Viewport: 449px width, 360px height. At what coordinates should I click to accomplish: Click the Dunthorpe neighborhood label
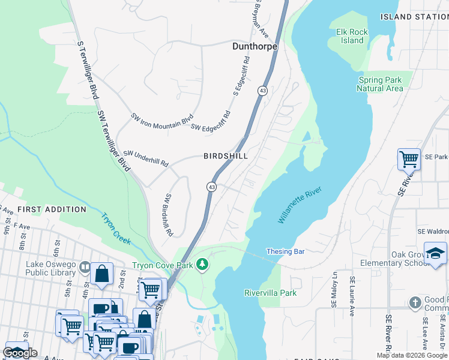[255, 46]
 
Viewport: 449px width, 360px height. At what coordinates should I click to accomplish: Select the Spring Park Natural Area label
[380, 84]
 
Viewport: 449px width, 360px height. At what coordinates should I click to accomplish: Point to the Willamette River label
[300, 205]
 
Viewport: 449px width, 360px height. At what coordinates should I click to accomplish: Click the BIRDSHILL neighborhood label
[226, 155]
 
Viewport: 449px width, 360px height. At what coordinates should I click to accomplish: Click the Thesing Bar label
[286, 251]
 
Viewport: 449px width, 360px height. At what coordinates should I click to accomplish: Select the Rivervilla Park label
[270, 293]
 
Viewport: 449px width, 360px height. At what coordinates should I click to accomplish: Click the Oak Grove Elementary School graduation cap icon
[435, 253]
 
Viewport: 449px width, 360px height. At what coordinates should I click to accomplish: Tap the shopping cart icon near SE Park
[409, 160]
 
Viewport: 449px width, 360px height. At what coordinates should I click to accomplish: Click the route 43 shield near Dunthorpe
[263, 91]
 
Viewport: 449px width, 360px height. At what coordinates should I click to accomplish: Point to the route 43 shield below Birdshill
[211, 187]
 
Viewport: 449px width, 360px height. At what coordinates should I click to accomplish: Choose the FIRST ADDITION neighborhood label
[52, 209]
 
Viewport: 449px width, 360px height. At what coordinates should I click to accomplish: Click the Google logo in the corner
[20, 353]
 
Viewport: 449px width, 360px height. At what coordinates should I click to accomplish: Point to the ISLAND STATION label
[414, 17]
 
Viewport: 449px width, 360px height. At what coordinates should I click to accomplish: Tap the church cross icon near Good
[415, 302]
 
